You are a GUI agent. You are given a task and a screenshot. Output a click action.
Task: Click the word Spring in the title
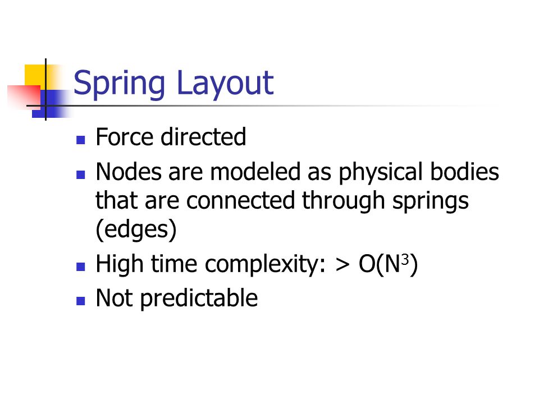pos(119,84)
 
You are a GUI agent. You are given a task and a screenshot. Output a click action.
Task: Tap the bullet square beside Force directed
pos(80,140)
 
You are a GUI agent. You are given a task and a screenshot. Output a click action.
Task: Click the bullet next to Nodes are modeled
pos(80,175)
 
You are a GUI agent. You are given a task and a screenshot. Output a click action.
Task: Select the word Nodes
pos(128,171)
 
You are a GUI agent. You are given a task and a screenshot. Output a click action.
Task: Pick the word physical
pos(381,172)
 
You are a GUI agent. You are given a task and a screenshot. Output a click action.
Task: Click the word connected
pos(241,200)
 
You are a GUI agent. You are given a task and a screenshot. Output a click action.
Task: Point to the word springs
pos(431,201)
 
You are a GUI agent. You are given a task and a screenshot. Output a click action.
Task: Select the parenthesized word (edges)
pos(136,230)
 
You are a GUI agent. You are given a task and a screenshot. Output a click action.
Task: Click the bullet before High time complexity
pos(80,267)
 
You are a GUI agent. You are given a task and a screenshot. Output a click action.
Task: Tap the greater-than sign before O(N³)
pos(342,265)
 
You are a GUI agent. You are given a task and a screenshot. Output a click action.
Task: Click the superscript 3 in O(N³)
pos(405,259)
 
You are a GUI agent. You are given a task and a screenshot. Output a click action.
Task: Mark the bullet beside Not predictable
pos(80,301)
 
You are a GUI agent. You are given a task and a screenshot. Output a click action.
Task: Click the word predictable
pos(199,299)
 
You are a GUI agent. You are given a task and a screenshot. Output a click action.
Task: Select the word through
pos(344,201)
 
